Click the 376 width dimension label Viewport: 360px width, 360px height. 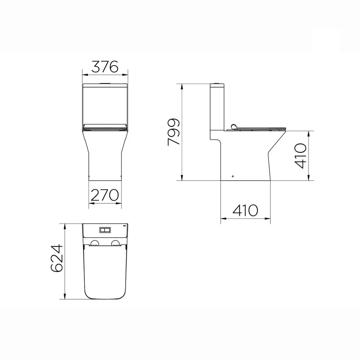point(105,67)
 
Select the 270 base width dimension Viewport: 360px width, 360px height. point(105,195)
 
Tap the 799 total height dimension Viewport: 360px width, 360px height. point(174,132)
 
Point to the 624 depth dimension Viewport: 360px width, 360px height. point(57,258)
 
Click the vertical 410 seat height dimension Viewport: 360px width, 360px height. point(301,156)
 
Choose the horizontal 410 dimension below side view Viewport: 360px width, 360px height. point(245,210)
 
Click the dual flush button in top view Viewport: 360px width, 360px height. point(105,230)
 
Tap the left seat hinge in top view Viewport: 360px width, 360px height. point(94,243)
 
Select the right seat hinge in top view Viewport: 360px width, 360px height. point(116,243)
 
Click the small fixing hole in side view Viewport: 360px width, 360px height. point(233,176)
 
